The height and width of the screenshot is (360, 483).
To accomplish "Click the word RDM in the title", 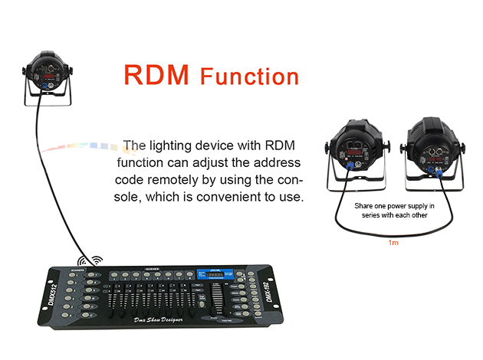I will click(x=158, y=75).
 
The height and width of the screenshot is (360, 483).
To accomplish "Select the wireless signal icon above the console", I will click(x=95, y=261).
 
